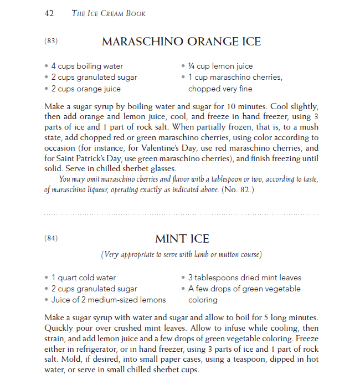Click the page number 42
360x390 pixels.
49,13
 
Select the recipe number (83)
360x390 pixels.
50,41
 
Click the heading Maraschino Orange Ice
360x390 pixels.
181,42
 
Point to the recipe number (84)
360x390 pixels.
50,238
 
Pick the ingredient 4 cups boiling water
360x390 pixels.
87,66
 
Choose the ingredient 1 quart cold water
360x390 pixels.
84,278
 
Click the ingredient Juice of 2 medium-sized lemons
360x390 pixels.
108,300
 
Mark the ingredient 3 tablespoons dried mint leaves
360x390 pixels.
244,278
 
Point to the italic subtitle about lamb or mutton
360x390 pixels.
181,255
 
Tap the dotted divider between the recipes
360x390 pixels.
181,213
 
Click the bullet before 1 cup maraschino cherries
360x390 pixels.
183,77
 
